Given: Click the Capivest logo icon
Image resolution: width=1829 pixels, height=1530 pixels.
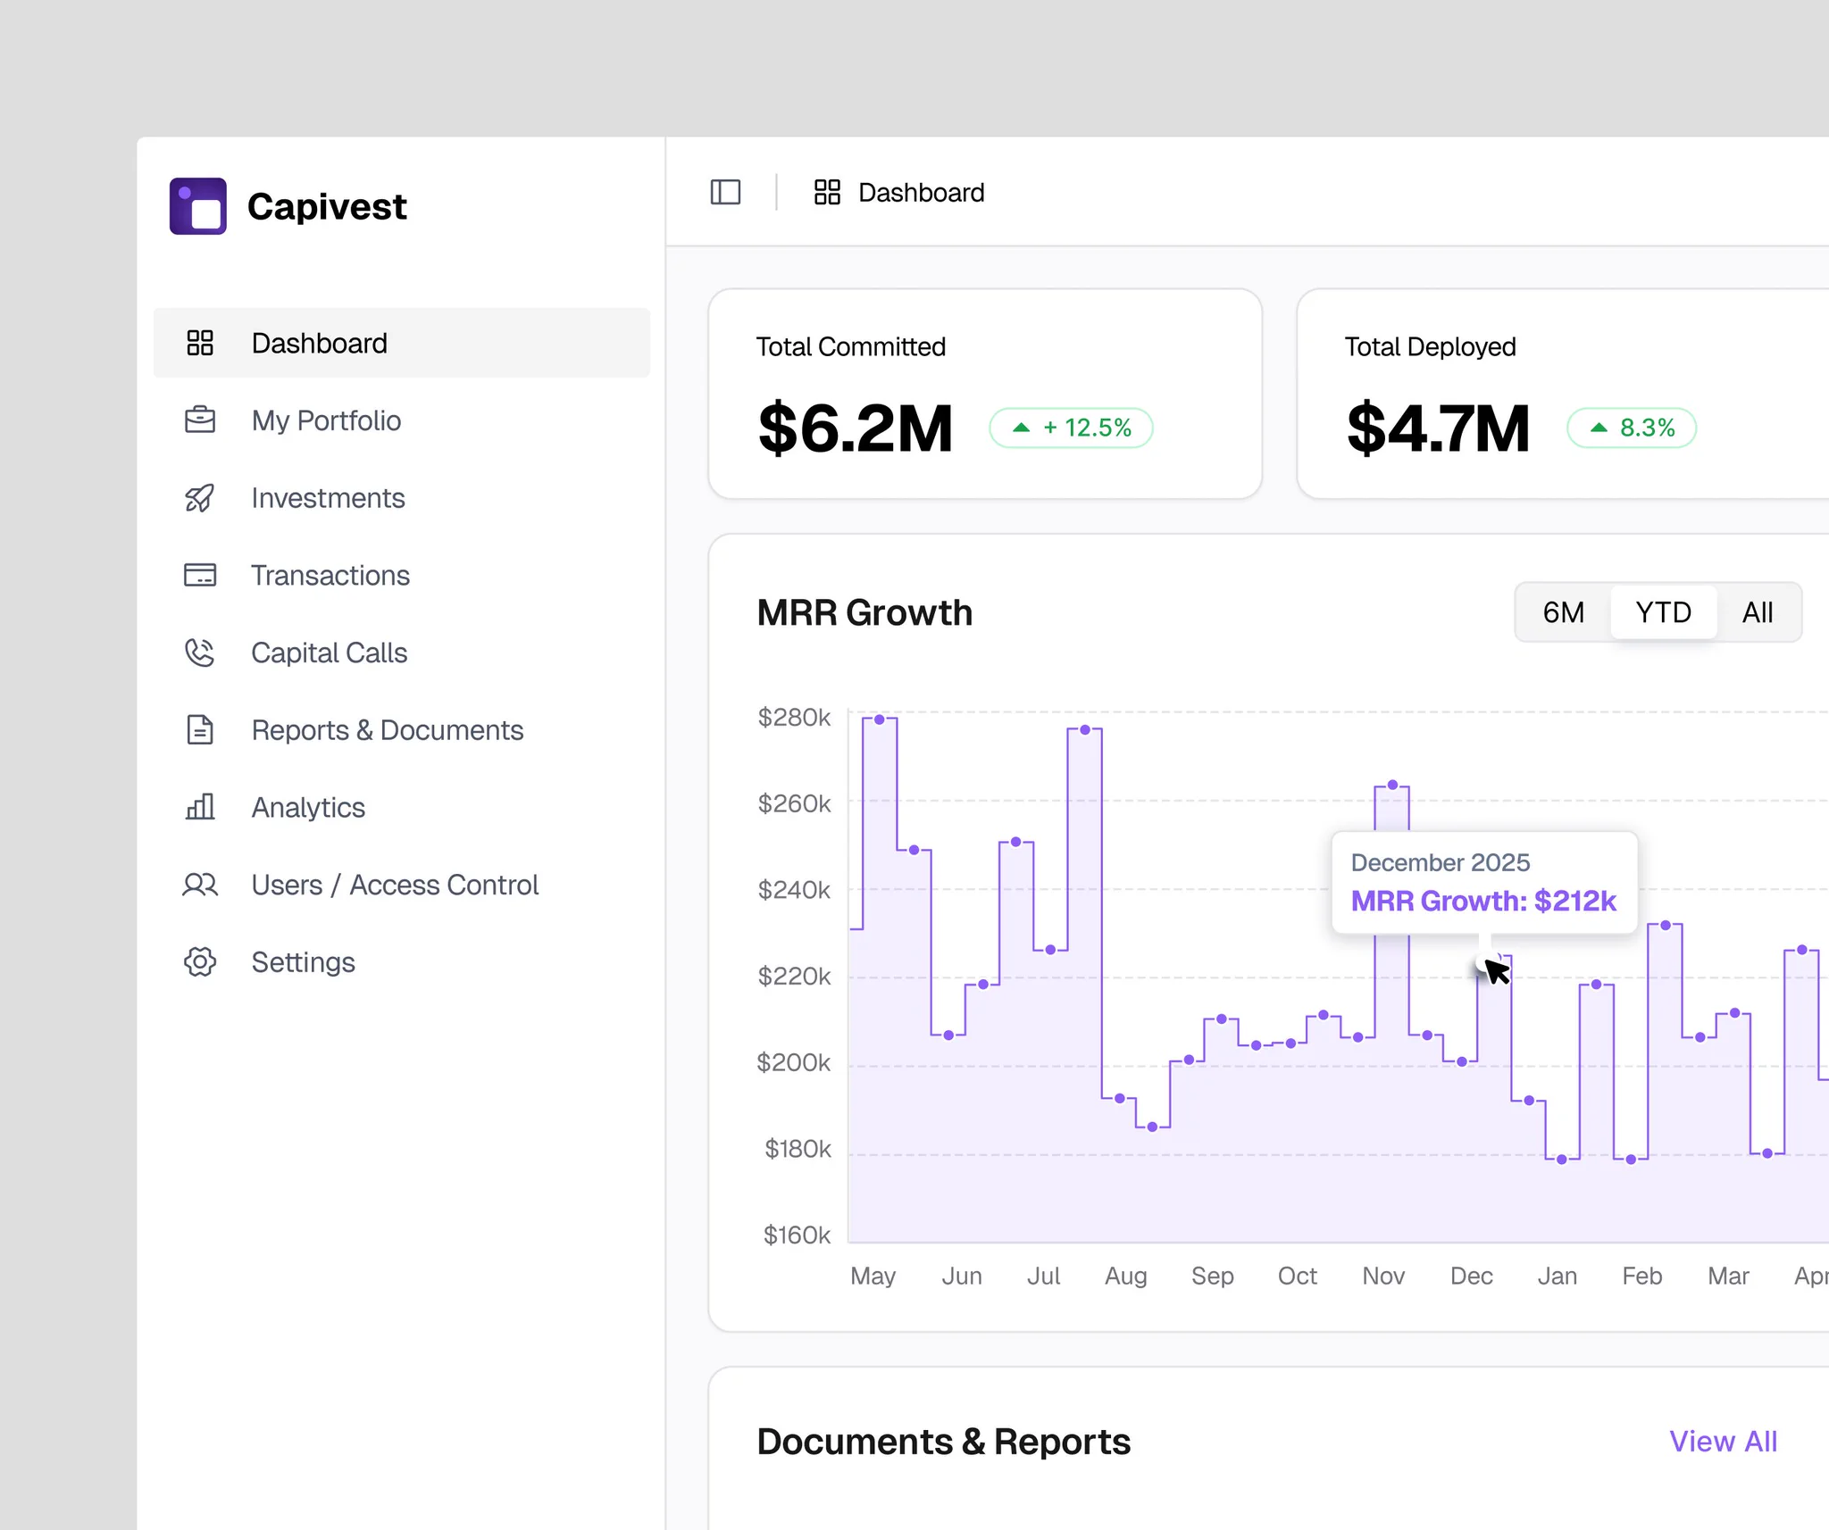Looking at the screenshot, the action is [198, 206].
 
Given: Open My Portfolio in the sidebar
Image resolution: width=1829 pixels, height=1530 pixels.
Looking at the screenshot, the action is [326, 420].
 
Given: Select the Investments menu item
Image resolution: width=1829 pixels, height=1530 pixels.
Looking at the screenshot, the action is [328, 498].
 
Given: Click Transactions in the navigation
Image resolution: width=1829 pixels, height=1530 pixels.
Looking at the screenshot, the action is [330, 576].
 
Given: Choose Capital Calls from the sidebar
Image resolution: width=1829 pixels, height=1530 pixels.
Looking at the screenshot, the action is [329, 653].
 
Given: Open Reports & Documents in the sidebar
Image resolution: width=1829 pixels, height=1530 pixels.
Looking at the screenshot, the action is [387, 730].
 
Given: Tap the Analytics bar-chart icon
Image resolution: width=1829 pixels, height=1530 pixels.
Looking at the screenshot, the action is [200, 807].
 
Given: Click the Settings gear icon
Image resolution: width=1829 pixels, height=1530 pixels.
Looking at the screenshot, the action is [200, 962].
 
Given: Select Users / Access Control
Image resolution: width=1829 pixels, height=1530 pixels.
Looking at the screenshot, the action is [395, 885].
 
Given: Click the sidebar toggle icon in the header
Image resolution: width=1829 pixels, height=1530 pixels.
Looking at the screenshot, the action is [725, 192].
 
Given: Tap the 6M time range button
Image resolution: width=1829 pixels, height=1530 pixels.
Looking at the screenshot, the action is [1564, 612].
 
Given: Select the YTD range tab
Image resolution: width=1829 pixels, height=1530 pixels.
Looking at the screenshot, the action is [1663, 612].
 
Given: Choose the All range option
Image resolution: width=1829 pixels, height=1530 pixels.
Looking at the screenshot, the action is [1758, 612].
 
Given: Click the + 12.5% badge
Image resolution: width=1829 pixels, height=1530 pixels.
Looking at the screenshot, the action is [1071, 428].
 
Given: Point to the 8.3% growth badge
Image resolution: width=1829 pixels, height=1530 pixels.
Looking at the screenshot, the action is [1632, 428].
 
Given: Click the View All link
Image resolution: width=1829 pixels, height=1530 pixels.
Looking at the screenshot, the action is [1723, 1442].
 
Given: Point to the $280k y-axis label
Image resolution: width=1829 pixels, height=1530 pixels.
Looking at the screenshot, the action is [794, 717].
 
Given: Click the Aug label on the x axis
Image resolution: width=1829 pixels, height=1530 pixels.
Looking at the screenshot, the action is [1125, 1276].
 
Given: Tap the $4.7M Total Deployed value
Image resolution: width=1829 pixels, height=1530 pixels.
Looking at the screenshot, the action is [1438, 428].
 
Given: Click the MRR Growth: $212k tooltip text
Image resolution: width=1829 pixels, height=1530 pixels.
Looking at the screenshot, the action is [1483, 902].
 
